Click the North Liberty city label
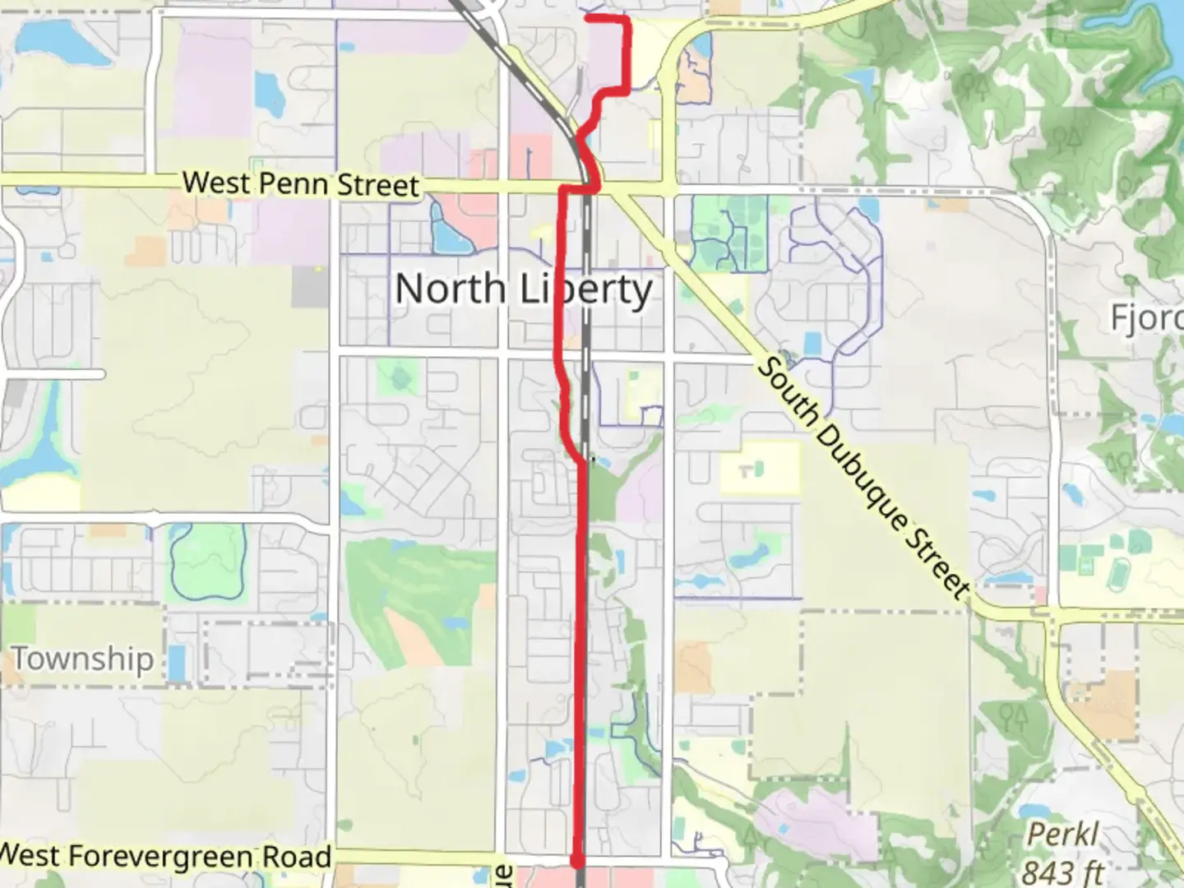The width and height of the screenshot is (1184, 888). tap(524, 289)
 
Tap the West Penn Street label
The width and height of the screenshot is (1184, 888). tap(300, 183)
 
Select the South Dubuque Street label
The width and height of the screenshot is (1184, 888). tap(862, 477)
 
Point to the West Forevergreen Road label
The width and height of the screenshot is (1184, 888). tap(164, 856)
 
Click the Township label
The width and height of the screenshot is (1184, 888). tap(82, 659)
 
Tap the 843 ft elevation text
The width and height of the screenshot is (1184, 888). tap(1062, 870)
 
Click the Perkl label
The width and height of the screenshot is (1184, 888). tap(1062, 835)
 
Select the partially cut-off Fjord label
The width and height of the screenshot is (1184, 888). tap(1147, 317)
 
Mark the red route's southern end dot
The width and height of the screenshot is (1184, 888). tap(579, 861)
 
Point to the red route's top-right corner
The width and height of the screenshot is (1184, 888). tap(628, 18)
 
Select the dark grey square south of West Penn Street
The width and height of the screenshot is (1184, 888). tap(310, 287)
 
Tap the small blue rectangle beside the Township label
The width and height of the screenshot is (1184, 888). tap(177, 663)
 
